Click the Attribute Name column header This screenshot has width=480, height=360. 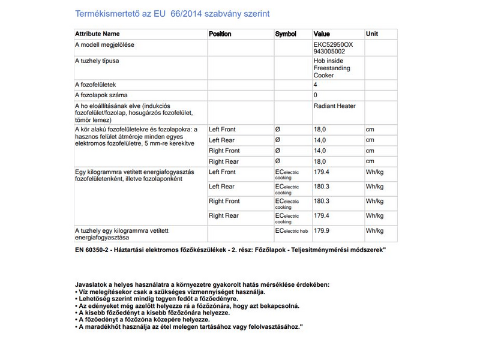[97, 34]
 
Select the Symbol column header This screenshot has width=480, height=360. [286, 34]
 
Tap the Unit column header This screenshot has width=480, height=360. [372, 34]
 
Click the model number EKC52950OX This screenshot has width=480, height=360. [333, 44]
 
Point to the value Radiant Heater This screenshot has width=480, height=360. [334, 106]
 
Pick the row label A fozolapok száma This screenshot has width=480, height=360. [101, 95]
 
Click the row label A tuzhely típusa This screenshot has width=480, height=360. [97, 61]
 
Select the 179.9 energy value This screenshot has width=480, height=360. [322, 230]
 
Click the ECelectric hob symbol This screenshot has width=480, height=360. [291, 230]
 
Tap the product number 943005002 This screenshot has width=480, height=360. [329, 52]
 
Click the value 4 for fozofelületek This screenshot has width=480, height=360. [316, 85]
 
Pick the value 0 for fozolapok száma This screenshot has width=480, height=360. [316, 95]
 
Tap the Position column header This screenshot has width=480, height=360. [220, 34]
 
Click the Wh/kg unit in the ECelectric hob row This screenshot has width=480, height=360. [374, 230]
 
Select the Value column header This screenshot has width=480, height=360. [322, 34]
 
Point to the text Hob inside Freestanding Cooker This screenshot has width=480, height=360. [332, 68]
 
